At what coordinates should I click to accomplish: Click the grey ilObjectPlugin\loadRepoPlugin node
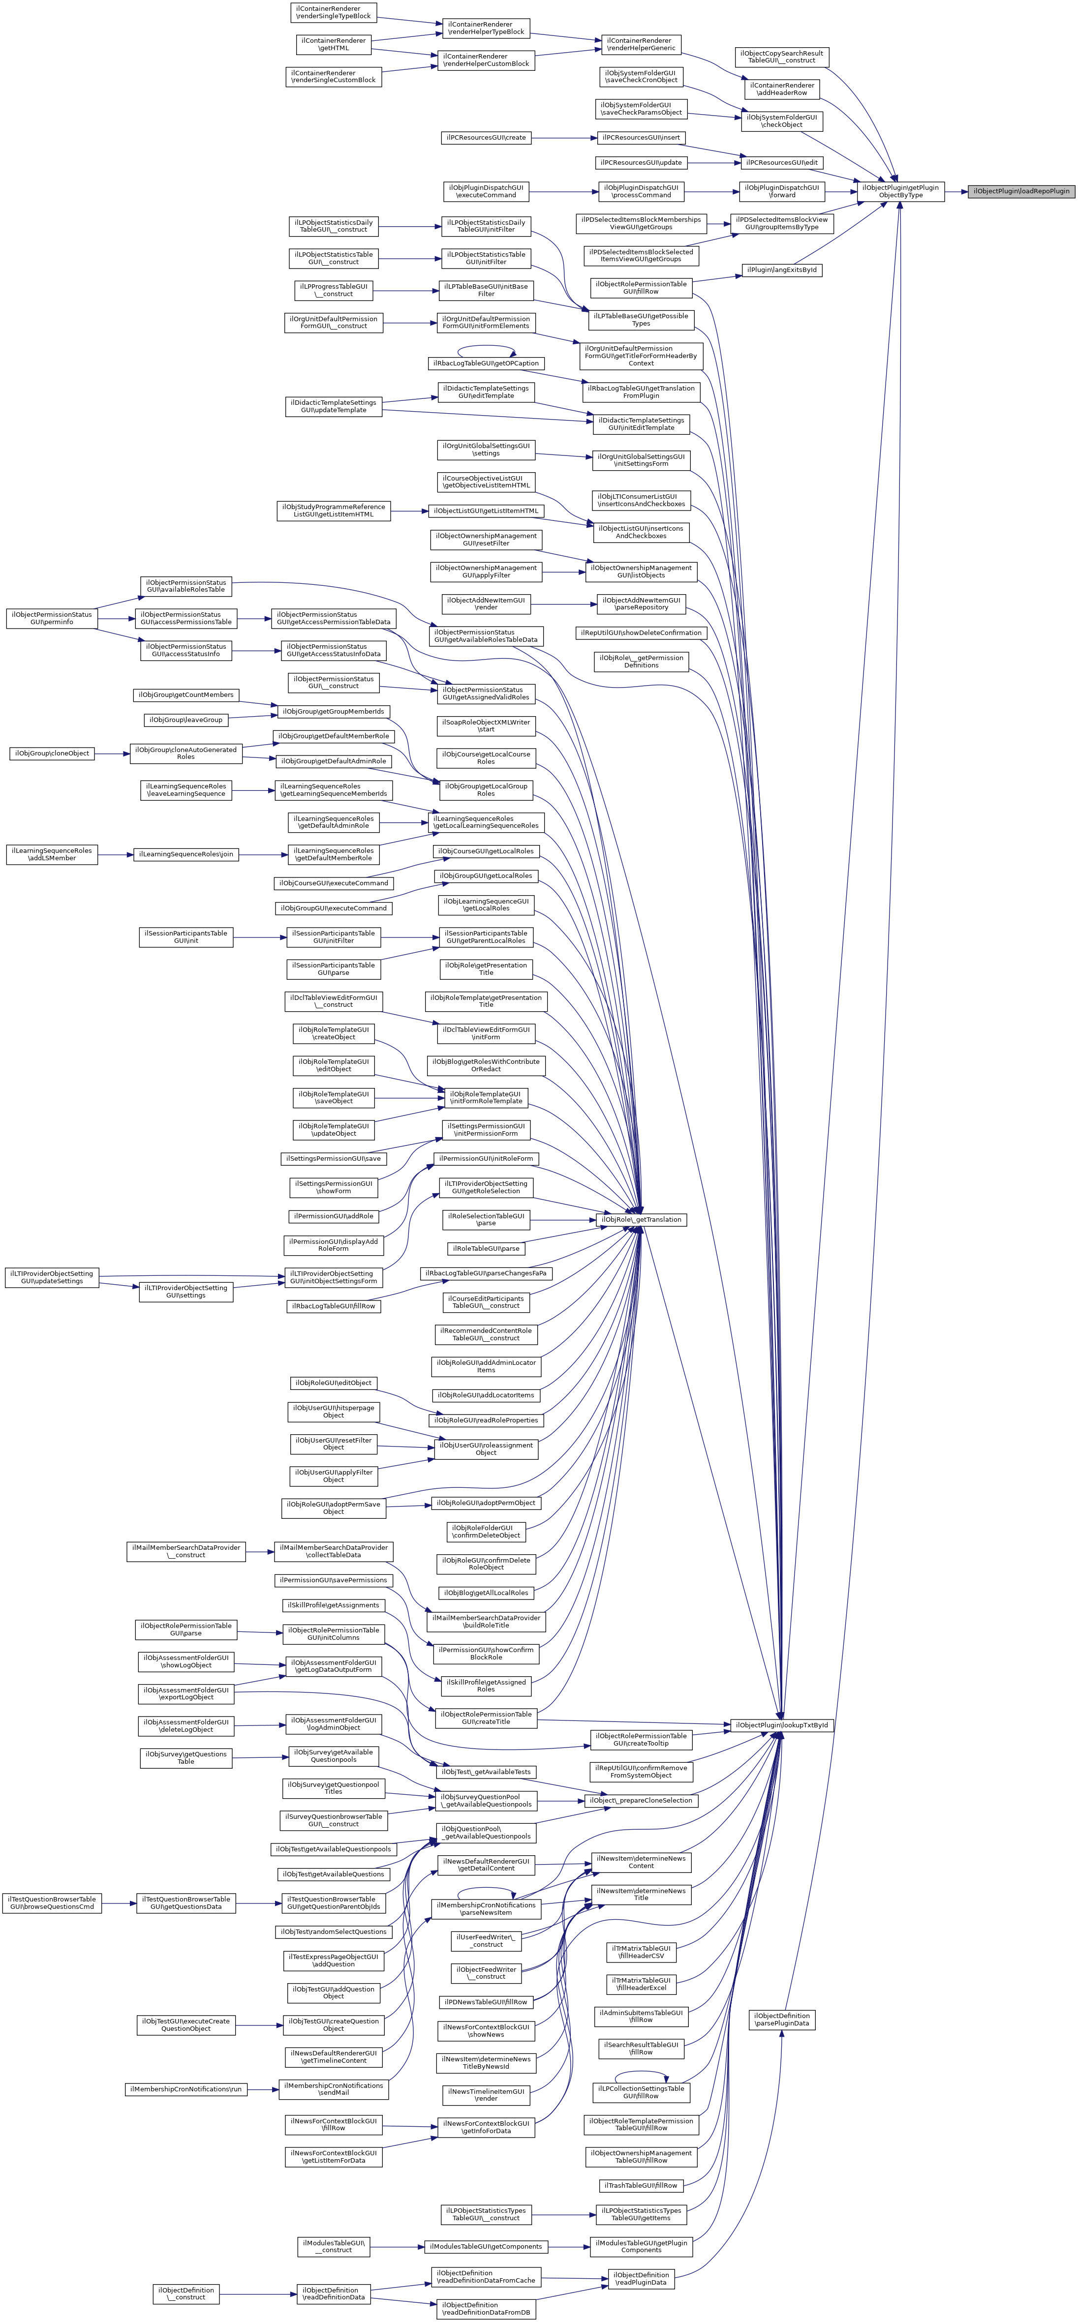[1021, 191]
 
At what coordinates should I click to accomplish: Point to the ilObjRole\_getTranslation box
[641, 1220]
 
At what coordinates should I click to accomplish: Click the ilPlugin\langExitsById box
[781, 270]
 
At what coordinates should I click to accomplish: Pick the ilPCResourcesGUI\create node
[486, 138]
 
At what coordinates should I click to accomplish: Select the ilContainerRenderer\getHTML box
[333, 44]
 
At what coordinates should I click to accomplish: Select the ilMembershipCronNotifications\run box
[185, 2088]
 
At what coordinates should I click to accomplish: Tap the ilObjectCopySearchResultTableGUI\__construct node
[781, 57]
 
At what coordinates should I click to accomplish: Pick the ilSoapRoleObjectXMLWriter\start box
[486, 725]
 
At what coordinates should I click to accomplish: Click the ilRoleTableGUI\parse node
[486, 1248]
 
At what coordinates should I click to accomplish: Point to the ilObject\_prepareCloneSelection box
[641, 1800]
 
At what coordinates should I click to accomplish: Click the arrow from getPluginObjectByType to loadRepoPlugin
[956, 191]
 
